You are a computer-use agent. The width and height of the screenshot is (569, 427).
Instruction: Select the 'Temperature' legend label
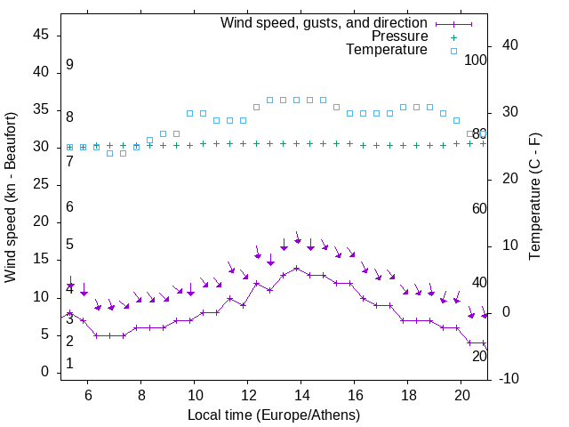click(x=387, y=51)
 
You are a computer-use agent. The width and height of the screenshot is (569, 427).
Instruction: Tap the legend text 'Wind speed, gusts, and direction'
click(x=324, y=22)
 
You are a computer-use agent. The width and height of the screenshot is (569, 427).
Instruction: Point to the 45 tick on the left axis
click(x=41, y=35)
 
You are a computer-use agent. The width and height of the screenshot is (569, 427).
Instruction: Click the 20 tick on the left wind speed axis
click(x=41, y=222)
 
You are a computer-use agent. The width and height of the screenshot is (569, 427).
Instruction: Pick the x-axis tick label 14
click(x=301, y=394)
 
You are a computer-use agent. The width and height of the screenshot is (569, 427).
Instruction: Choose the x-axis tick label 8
click(x=141, y=394)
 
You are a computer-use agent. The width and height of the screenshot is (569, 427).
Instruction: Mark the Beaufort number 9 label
click(x=69, y=65)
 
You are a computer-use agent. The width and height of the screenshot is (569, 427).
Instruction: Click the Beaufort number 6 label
click(x=69, y=207)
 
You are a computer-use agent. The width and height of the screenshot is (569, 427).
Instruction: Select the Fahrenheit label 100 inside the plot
click(x=476, y=60)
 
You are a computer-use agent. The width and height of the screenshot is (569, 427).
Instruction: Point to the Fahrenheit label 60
click(x=479, y=209)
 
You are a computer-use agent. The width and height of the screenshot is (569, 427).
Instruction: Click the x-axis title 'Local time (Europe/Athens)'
click(x=274, y=415)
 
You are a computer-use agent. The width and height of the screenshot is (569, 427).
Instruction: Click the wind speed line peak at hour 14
click(x=296, y=268)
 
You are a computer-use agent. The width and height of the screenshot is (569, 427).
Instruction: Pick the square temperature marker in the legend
click(x=453, y=51)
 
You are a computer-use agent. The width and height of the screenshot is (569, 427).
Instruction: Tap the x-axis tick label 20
click(x=461, y=394)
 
